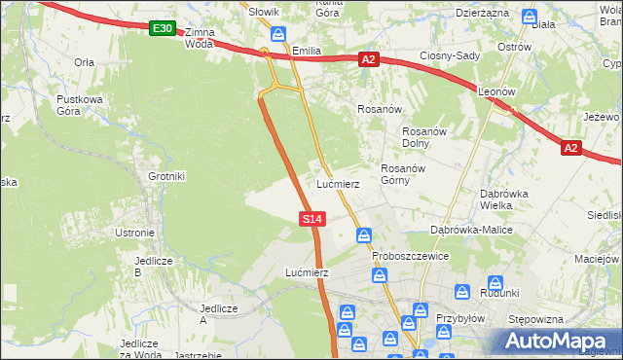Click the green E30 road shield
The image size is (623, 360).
point(163,29)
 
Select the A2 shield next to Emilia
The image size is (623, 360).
point(368,59)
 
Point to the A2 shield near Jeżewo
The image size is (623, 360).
point(571,148)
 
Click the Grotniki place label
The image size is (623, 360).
point(165,176)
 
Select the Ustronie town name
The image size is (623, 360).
point(134,233)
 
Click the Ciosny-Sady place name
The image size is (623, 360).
point(450,55)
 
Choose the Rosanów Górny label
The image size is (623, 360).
point(400,174)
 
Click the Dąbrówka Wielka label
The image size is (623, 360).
point(504,198)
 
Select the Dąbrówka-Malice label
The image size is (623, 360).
point(471,230)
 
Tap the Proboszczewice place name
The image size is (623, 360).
point(411,256)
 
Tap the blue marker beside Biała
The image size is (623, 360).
point(529,17)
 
